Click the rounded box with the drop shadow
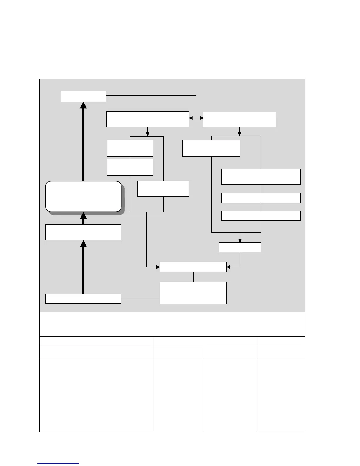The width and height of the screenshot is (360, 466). (x=83, y=196)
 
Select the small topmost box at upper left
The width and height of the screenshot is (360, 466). (x=83, y=96)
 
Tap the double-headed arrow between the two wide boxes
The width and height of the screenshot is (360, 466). (x=196, y=118)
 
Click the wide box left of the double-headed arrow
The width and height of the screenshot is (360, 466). (x=147, y=119)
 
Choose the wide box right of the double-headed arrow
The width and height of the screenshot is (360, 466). (x=239, y=119)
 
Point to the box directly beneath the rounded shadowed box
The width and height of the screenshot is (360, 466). (x=83, y=232)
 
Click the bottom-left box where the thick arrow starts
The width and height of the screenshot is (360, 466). (x=83, y=299)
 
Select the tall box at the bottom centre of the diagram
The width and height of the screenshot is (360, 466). (x=193, y=293)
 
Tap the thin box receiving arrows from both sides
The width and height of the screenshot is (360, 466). (x=193, y=267)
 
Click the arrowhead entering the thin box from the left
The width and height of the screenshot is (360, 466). (x=157, y=267)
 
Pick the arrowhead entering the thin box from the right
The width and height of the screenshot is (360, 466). (x=229, y=267)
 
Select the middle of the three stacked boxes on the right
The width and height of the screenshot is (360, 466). (x=261, y=198)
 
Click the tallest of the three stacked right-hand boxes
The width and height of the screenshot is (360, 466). (x=261, y=177)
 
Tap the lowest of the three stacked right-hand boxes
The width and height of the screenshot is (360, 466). (x=261, y=216)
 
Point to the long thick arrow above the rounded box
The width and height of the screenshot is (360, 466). (x=84, y=141)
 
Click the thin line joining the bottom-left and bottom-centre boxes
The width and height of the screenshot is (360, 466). (x=140, y=299)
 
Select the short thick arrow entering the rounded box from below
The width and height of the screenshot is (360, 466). (x=84, y=218)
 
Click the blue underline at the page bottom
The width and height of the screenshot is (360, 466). (x=58, y=464)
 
